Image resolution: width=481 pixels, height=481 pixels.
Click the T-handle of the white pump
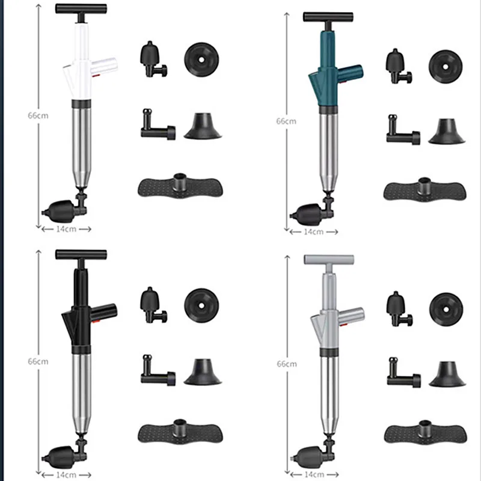pos(78,10)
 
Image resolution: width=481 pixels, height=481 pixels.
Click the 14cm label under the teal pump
pos(312,231)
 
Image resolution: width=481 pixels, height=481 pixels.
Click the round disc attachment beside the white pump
pos(201,59)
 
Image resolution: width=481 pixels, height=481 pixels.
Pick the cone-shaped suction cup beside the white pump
pos(202,126)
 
